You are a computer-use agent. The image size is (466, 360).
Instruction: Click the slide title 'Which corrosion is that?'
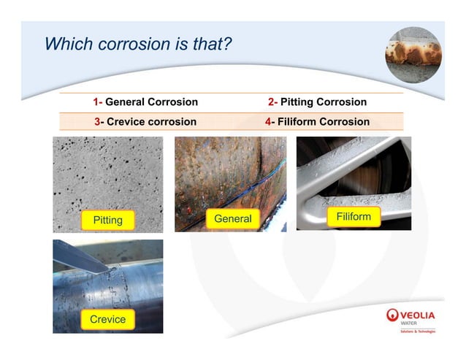click(x=138, y=44)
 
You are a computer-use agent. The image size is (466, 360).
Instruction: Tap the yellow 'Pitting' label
click(x=107, y=220)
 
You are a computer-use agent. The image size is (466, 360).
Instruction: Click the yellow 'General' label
click(x=232, y=218)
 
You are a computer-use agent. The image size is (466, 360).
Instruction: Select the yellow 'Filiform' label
click(x=354, y=217)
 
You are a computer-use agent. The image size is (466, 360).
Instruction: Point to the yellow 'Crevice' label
click(x=107, y=319)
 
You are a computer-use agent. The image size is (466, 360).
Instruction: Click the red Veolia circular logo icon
click(x=393, y=315)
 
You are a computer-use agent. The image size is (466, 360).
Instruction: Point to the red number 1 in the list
click(x=96, y=102)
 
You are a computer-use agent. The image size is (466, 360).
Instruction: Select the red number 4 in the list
click(x=269, y=122)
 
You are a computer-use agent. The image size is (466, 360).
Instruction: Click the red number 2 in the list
click(x=272, y=102)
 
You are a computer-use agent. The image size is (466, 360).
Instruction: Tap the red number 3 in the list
click(x=99, y=122)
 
